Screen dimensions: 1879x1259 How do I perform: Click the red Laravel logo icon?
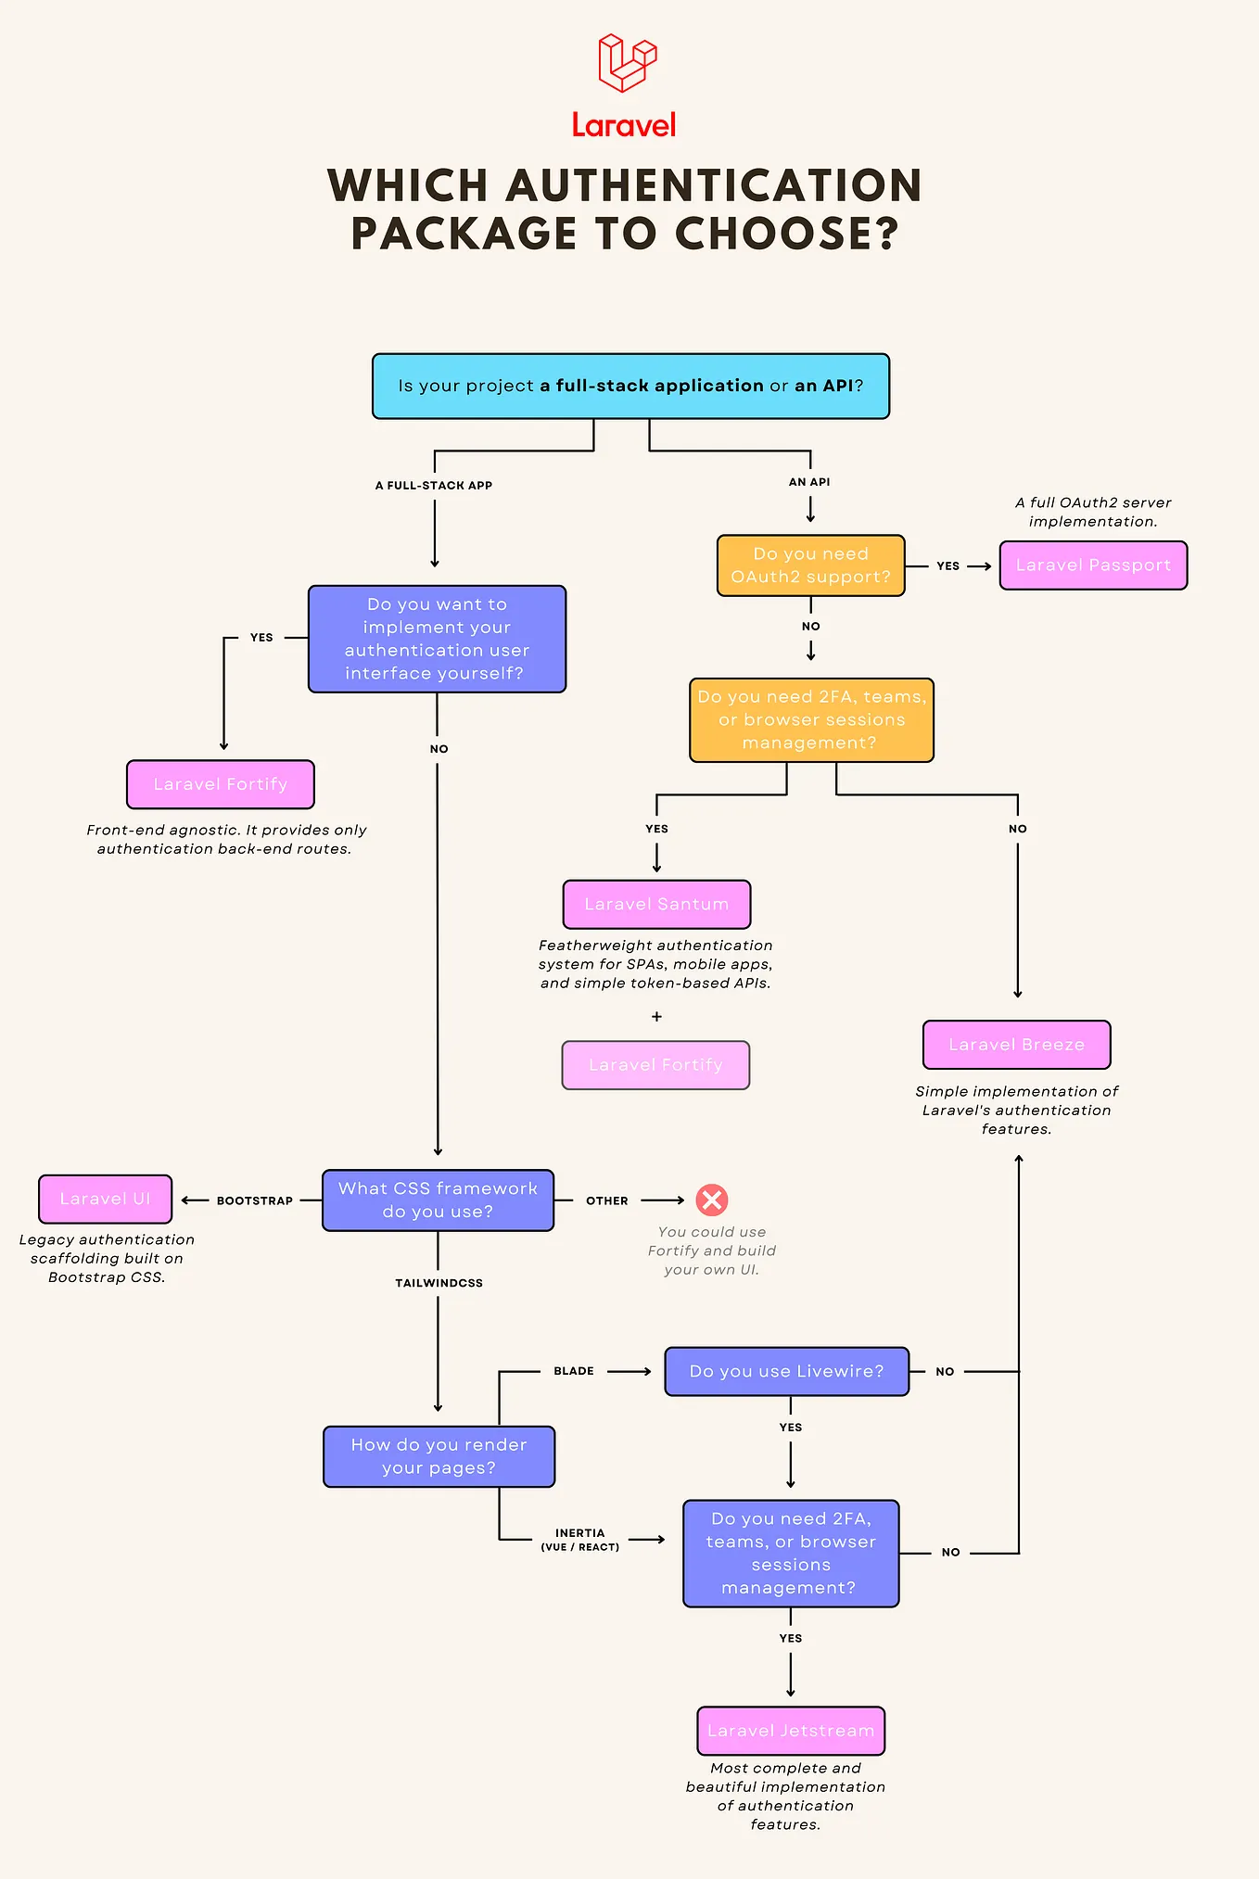click(627, 62)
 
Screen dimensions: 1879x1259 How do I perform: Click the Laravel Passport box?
click(1093, 565)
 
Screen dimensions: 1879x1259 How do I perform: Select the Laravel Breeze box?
click(1016, 1045)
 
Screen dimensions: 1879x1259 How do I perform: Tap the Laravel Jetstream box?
click(791, 1731)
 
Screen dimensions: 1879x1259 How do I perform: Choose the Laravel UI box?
click(105, 1199)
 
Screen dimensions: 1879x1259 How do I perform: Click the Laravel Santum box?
click(656, 904)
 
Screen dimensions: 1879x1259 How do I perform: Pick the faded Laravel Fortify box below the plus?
click(655, 1065)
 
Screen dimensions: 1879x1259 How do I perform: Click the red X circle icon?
click(712, 1200)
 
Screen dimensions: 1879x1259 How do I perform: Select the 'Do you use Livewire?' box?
click(786, 1371)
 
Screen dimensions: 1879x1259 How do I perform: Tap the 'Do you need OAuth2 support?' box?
click(810, 565)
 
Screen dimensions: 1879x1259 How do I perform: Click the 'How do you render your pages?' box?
click(439, 1456)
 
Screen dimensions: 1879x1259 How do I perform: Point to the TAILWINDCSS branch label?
click(439, 1283)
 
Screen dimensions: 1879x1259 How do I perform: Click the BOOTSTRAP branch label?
click(255, 1200)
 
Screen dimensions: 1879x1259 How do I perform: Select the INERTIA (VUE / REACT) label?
click(580, 1540)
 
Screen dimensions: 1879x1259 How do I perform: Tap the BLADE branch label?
click(574, 1371)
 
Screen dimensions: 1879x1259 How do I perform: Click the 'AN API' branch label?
click(809, 482)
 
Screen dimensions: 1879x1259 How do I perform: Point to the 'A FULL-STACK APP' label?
click(434, 486)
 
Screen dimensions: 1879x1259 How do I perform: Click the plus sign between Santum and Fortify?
click(656, 1017)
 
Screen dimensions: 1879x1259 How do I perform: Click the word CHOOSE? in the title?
click(786, 234)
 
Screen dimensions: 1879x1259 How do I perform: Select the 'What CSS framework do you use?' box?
click(438, 1200)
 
